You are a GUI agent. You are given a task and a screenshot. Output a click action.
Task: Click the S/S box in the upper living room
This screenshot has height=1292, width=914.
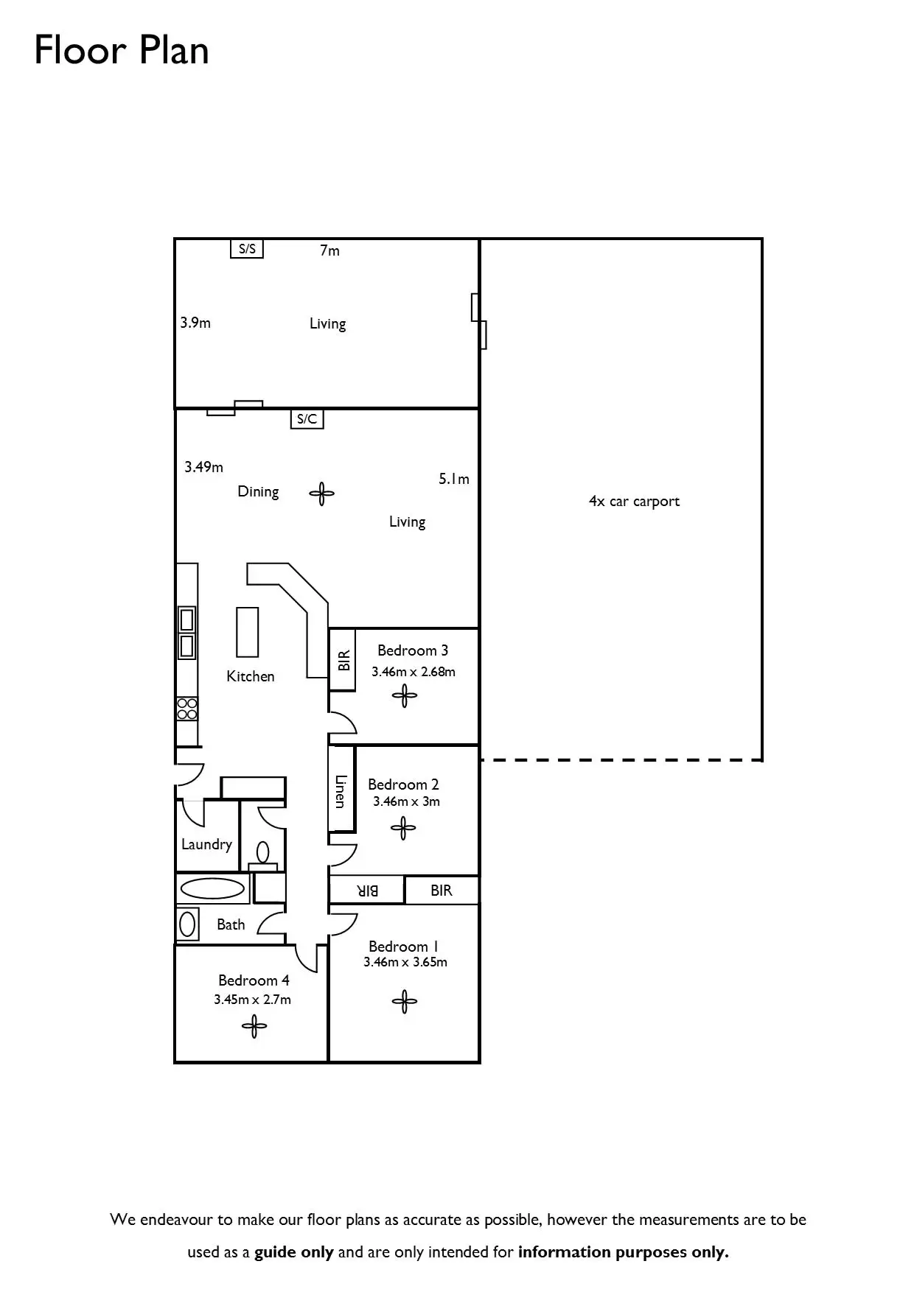pyautogui.click(x=247, y=249)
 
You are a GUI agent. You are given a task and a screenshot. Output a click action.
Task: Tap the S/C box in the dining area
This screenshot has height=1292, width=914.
pyautogui.click(x=307, y=419)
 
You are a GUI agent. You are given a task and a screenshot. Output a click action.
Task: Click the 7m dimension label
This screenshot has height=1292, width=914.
pyautogui.click(x=329, y=251)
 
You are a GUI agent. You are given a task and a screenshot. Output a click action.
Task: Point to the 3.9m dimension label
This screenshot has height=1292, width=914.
pyautogui.click(x=195, y=323)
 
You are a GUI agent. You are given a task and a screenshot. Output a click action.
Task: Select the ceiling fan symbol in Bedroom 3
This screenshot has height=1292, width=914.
pyautogui.click(x=404, y=695)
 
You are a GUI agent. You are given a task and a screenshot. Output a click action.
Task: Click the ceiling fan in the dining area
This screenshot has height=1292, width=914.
pyautogui.click(x=321, y=494)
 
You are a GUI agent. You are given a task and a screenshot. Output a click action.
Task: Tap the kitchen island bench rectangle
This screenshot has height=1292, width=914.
pyautogui.click(x=248, y=631)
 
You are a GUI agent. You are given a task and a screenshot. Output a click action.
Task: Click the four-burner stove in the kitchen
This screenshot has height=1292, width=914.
pyautogui.click(x=187, y=709)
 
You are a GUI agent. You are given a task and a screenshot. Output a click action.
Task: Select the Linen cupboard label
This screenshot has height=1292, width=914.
pyautogui.click(x=341, y=790)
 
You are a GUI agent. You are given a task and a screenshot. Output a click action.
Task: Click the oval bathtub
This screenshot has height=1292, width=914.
pyautogui.click(x=212, y=888)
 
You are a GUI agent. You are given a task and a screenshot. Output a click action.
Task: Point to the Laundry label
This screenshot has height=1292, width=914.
pyautogui.click(x=206, y=844)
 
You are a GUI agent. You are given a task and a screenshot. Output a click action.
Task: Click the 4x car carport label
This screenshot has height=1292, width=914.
pyautogui.click(x=634, y=502)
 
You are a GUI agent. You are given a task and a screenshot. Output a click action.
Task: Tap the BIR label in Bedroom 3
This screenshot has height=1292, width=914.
pyautogui.click(x=343, y=660)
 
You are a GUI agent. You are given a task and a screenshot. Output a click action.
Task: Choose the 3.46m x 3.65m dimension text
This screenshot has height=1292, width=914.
pyautogui.click(x=405, y=962)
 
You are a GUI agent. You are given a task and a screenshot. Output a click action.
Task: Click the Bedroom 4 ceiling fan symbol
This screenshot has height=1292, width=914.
pyautogui.click(x=254, y=1026)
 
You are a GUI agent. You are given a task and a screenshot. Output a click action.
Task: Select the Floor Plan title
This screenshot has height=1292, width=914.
pyautogui.click(x=122, y=51)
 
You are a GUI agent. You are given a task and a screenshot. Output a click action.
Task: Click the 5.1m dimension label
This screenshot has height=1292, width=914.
pyautogui.click(x=454, y=480)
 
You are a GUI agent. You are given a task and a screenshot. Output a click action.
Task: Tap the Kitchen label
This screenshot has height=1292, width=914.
pyautogui.click(x=251, y=676)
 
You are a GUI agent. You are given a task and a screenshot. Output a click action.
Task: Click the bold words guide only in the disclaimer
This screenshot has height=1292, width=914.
pyautogui.click(x=294, y=1252)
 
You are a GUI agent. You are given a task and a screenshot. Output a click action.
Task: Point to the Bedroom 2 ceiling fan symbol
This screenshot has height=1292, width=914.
pyautogui.click(x=403, y=829)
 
